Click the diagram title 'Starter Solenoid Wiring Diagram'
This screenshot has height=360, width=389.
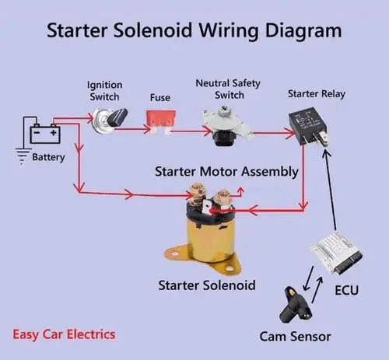pyautogui.click(x=194, y=31)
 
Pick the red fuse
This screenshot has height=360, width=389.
pyautogui.click(x=159, y=121)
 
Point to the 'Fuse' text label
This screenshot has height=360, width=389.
pyautogui.click(x=160, y=99)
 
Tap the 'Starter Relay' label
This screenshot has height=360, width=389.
pyautogui.click(x=317, y=93)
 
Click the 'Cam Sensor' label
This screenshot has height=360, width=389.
pyautogui.click(x=295, y=336)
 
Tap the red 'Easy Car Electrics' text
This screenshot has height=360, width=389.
pyautogui.click(x=64, y=334)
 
